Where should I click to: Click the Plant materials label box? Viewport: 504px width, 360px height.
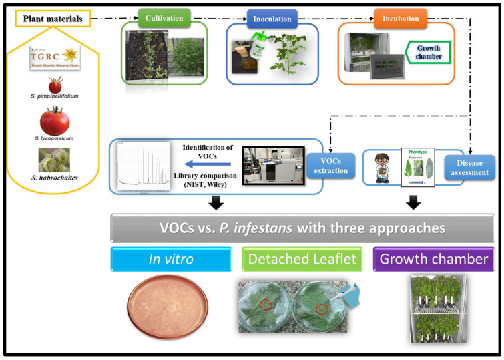[x=53, y=19]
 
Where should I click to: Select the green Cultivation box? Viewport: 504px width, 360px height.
[x=164, y=19]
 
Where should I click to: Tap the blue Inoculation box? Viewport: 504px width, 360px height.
[x=272, y=19]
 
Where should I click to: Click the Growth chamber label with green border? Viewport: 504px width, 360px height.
[x=428, y=51]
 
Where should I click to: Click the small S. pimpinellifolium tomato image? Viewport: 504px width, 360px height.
[x=55, y=84]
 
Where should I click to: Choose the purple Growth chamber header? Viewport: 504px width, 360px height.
[x=433, y=259]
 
